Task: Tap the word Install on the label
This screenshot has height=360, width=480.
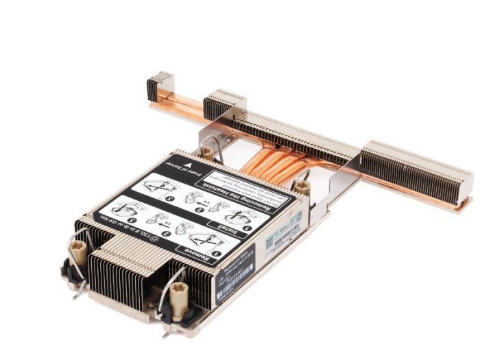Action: click(230, 228)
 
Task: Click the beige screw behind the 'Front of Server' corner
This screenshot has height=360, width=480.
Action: click(206, 152)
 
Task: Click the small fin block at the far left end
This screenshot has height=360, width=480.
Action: click(157, 85)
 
